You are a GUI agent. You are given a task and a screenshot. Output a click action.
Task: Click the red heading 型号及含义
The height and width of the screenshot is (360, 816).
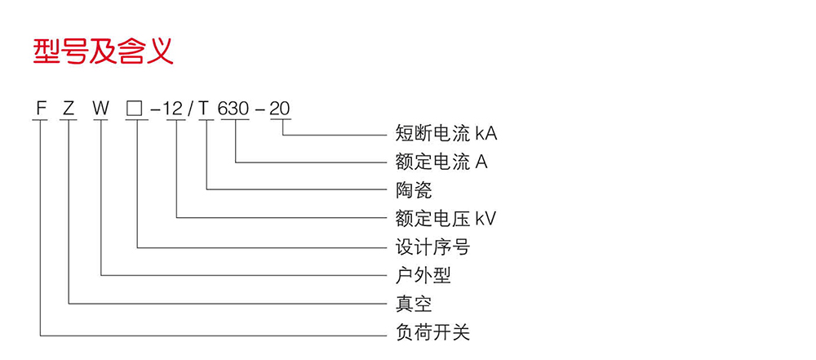pos(103,51)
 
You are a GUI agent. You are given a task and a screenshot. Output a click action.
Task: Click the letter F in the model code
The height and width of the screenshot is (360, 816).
pos(39,107)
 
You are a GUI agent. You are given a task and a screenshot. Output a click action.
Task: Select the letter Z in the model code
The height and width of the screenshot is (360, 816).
pos(69,107)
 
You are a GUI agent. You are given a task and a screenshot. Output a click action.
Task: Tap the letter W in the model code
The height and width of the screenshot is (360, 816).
pos(100,107)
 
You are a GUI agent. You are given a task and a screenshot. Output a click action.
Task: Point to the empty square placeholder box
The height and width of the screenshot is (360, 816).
pos(135,108)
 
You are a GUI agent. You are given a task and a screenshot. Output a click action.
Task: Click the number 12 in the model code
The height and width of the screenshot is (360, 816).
pos(175,107)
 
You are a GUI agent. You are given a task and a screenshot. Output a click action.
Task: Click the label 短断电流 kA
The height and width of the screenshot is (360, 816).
pos(446,133)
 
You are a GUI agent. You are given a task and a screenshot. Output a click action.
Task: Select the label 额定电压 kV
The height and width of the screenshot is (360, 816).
pos(445,219)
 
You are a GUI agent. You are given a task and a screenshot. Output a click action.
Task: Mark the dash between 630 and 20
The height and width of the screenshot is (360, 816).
pos(259,108)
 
